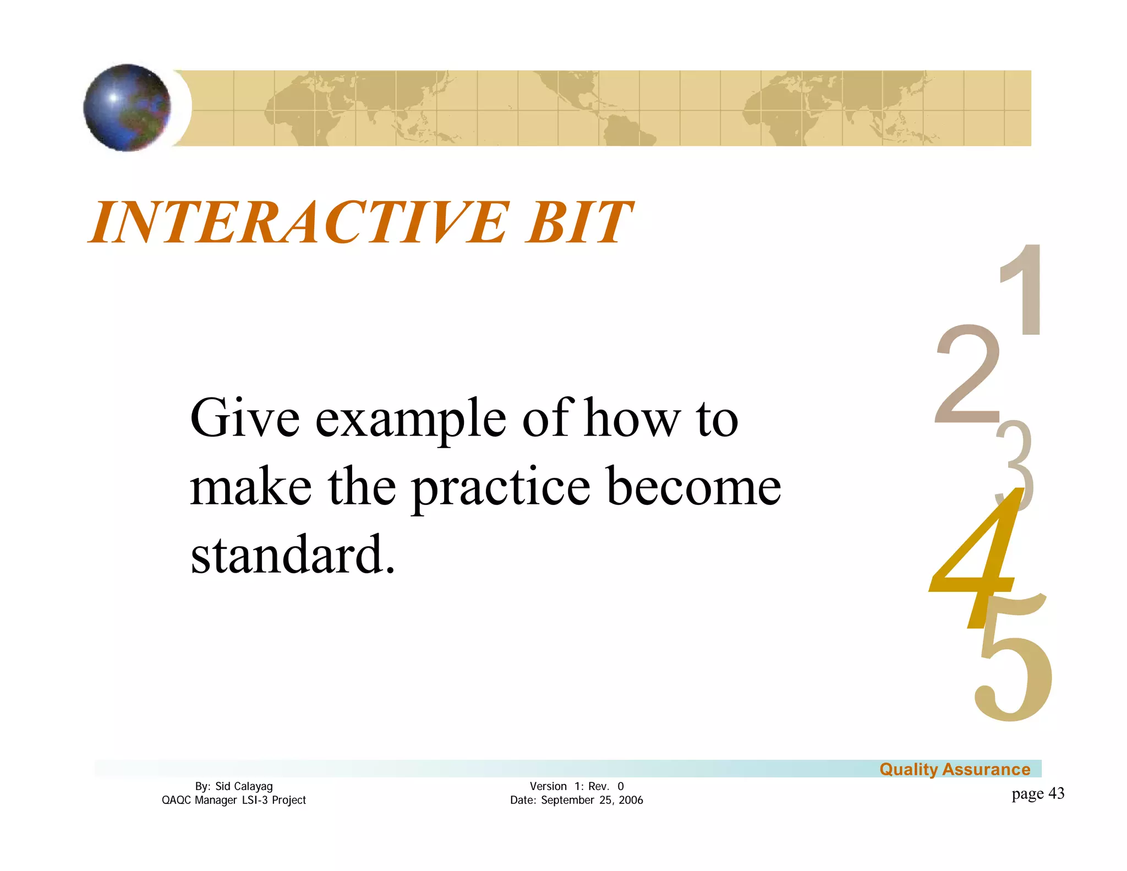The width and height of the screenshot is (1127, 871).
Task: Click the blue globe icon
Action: tap(127, 107)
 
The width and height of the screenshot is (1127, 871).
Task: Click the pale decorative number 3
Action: tap(1016, 457)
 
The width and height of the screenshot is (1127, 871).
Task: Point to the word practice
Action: tap(501, 488)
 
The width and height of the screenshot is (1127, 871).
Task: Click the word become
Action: tap(693, 487)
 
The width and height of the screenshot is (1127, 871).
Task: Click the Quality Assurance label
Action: tap(954, 769)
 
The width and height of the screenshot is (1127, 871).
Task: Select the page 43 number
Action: tap(1037, 793)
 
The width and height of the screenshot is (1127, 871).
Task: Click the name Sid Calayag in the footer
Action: tap(244, 786)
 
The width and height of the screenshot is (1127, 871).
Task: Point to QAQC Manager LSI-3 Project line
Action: tap(233, 800)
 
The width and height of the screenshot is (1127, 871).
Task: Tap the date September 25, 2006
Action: tap(592, 800)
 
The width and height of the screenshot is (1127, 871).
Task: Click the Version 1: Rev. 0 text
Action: tap(576, 786)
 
